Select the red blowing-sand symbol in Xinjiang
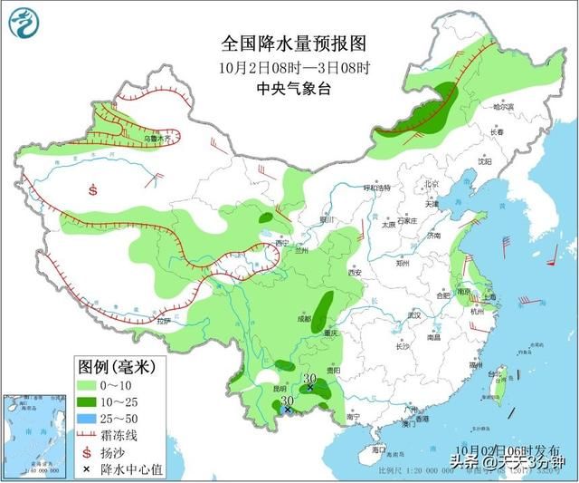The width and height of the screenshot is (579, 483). [92, 190]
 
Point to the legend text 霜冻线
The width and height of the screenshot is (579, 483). [133, 435]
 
